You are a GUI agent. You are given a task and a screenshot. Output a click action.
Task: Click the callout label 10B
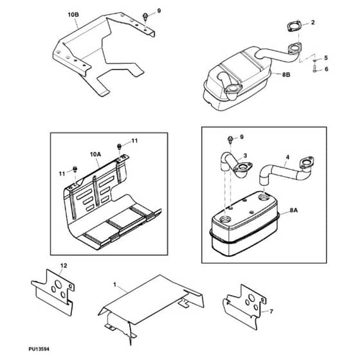tap(73, 15)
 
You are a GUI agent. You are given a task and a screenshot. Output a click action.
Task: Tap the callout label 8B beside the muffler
tap(286, 75)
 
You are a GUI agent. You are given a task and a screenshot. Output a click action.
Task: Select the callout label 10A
tap(95, 154)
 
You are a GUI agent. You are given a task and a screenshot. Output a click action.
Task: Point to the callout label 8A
tap(294, 210)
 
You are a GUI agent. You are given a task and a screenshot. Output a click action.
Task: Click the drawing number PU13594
tap(39, 349)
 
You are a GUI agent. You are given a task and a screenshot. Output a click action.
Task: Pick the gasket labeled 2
tap(294, 26)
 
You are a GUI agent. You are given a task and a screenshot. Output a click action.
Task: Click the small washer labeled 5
tap(315, 60)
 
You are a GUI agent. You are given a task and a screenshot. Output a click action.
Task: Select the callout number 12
tap(64, 265)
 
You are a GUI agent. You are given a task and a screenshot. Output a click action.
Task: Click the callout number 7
tap(271, 312)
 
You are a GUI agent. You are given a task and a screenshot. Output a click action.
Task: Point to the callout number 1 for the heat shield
tap(115, 285)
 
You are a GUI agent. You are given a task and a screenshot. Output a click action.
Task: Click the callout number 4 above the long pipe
tap(287, 157)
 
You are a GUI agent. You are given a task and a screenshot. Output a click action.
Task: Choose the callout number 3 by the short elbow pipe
tap(245, 156)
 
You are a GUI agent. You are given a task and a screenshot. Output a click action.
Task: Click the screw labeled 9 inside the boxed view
tap(230, 139)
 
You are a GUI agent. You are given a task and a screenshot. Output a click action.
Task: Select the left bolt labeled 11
tap(75, 169)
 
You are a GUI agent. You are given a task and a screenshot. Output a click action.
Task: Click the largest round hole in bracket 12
tap(59, 284)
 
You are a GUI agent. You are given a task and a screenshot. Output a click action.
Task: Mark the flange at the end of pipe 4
tap(307, 163)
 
